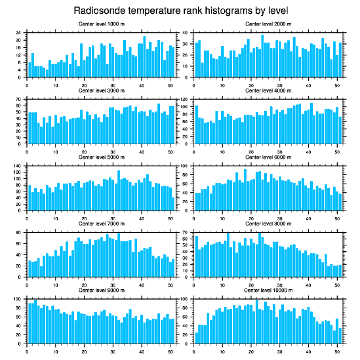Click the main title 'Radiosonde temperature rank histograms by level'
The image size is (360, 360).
click(180, 10)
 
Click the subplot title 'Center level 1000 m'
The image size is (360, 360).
click(101, 24)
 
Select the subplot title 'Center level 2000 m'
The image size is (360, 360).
click(268, 24)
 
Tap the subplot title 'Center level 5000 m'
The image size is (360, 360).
click(101, 157)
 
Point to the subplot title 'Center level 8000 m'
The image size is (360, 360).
click(268, 224)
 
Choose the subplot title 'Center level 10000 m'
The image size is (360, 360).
click(268, 290)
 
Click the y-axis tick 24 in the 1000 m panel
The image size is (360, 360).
click(19, 33)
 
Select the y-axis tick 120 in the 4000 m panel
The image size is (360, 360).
click(185, 100)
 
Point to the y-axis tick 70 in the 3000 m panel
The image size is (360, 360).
click(19, 100)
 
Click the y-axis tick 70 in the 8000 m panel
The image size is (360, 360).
click(186, 233)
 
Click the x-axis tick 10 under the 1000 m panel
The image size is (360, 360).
click(55, 84)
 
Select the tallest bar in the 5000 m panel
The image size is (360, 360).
click(119, 190)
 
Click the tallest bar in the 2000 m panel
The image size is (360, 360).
click(263, 56)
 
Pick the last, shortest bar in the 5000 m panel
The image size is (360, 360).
click(173, 204)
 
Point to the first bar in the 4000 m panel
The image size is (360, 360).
click(197, 125)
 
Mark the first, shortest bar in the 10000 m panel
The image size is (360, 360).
click(197, 338)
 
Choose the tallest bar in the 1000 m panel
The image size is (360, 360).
click(145, 56)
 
